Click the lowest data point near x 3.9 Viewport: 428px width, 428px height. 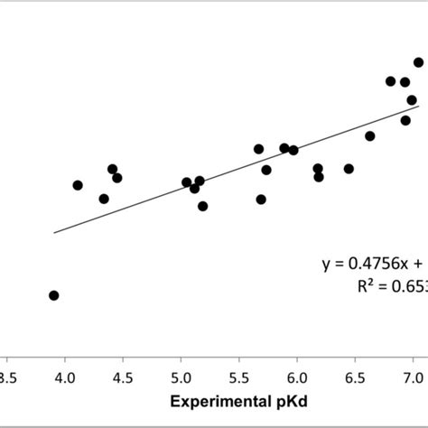(54, 295)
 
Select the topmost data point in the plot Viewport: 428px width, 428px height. (419, 62)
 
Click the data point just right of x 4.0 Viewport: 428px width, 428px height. (78, 185)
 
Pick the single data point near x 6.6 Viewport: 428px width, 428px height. (370, 136)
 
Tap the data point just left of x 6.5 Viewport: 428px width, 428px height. (349, 169)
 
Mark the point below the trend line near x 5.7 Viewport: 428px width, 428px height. (261, 200)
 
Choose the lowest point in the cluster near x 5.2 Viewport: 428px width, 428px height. (203, 206)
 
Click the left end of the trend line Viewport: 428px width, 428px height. (54, 233)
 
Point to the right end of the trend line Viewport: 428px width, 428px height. (419, 107)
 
